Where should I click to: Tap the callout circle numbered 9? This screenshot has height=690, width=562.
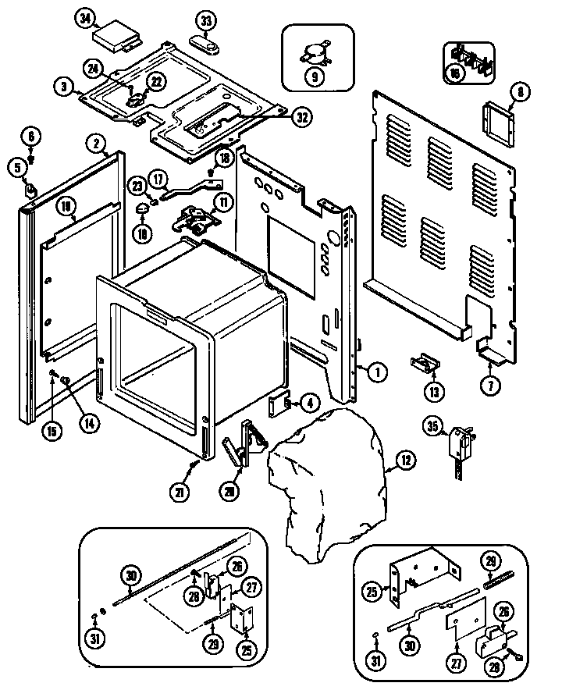313,76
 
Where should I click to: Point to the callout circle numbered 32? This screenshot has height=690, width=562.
301,117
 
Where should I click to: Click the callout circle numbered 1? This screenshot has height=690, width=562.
376,372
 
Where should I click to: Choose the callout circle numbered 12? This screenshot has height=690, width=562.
405,461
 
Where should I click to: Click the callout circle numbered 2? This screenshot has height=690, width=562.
95,143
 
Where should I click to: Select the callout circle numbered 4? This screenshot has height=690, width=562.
311,404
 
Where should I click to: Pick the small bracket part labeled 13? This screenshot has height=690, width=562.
422,364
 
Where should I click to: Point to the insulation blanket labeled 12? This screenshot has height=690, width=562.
328,468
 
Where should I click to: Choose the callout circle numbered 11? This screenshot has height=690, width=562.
225,203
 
